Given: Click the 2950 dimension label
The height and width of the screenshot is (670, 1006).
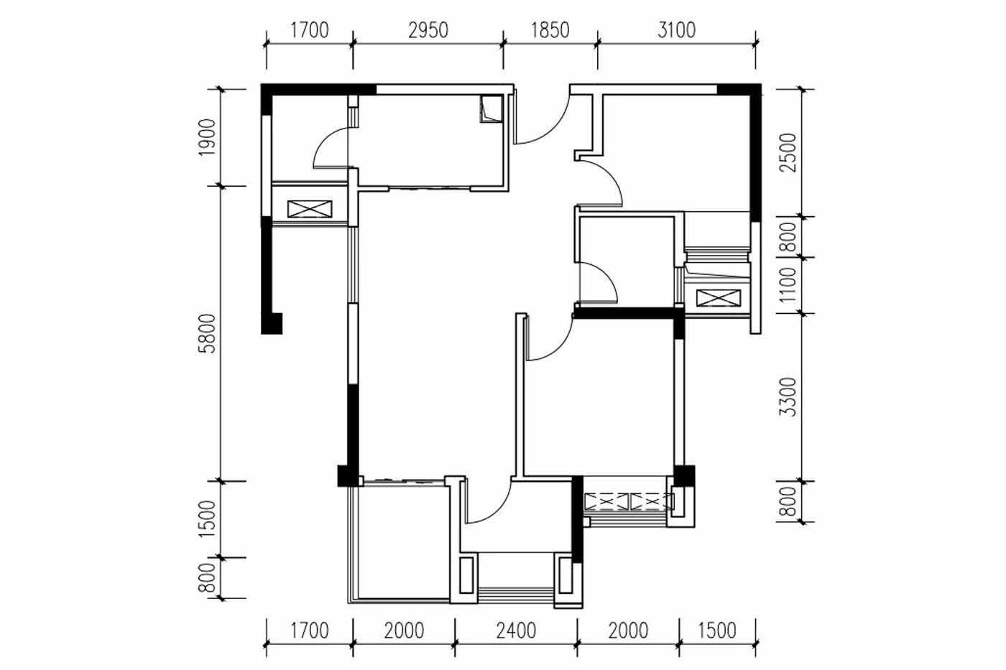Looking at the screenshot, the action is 428,30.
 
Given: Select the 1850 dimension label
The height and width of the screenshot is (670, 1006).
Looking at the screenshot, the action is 550,30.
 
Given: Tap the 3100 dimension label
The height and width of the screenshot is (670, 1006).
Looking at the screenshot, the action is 676,30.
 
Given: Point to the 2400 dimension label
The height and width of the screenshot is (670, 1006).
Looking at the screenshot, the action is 516,631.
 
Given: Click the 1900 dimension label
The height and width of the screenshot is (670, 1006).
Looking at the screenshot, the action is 207,137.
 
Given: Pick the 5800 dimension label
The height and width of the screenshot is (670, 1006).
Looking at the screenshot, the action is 207,333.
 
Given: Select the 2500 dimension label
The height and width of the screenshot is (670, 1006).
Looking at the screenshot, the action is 788,152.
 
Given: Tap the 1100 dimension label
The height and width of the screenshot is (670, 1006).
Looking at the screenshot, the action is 788,285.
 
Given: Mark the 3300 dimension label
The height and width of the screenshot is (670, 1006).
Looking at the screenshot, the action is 788,397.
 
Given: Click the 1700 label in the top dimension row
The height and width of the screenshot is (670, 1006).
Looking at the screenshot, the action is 310,30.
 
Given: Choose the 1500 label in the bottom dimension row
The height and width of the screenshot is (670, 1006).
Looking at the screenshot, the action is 717,631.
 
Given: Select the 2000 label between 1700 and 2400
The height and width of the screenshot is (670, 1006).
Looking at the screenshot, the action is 404,631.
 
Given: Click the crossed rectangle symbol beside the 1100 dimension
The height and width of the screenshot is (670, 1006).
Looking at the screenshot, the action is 718,299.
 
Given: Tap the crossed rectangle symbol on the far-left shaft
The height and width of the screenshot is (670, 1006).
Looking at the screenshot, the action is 310,209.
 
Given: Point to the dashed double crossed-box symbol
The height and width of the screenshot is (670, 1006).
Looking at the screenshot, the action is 629,502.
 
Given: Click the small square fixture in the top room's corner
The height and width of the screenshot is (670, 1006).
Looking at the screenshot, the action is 492,108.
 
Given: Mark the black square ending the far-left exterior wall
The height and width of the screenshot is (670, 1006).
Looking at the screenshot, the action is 272,324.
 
